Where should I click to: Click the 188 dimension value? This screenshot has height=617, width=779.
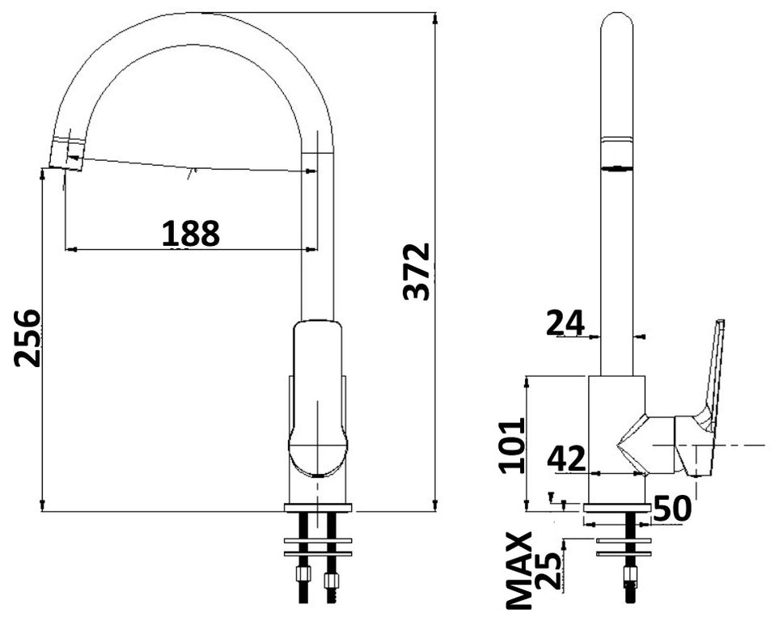190,234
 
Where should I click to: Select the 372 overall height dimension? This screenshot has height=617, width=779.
417,271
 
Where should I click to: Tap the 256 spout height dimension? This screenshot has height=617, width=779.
28,337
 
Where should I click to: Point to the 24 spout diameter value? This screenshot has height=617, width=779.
565,323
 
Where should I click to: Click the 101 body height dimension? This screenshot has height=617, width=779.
511,445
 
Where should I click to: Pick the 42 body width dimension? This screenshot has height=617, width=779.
566,459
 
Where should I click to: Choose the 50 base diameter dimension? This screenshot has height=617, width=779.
671,509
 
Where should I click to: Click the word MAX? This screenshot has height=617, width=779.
519,569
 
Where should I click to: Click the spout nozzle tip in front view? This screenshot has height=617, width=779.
66,154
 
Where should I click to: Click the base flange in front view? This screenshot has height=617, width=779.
318,508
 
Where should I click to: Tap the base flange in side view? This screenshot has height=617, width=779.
616,509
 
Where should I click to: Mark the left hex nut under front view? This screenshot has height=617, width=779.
304,576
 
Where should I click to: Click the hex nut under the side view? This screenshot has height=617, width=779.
629,576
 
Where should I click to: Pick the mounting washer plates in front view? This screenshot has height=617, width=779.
318,546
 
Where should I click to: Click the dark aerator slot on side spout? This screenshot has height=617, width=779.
616,168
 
